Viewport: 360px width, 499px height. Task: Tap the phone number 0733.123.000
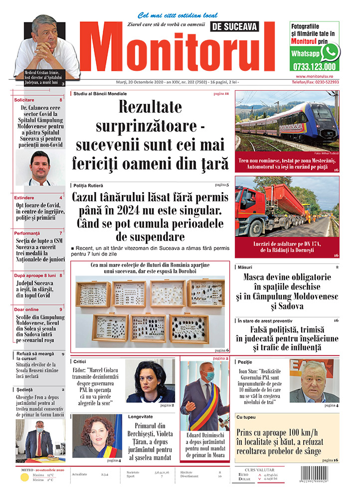click(315, 66)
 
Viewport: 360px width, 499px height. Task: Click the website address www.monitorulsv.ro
click(314, 76)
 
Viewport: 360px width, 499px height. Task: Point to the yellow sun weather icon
click(24, 477)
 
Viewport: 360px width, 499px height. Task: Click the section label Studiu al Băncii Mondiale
click(100, 94)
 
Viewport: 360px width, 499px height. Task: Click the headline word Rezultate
click(150, 108)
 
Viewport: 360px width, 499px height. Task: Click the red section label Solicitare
click(24, 100)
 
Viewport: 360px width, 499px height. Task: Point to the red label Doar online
click(27, 309)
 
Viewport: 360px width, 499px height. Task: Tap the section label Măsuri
click(245, 267)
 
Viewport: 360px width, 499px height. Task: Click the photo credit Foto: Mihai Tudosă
click(327, 153)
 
